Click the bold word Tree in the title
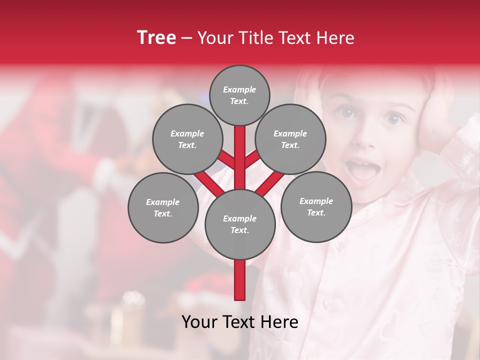pyautogui.click(x=156, y=37)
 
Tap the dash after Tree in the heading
pyautogui.click(x=187, y=38)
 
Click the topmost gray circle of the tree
pyautogui.click(x=239, y=95)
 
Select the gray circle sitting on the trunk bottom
pyautogui.click(x=240, y=224)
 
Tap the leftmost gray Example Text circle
pyautogui.click(x=163, y=207)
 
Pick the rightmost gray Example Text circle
pyautogui.click(x=316, y=206)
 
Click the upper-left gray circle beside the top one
pyautogui.click(x=187, y=139)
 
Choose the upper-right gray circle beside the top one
pyautogui.click(x=290, y=139)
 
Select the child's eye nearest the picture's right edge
pyautogui.click(x=394, y=118)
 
